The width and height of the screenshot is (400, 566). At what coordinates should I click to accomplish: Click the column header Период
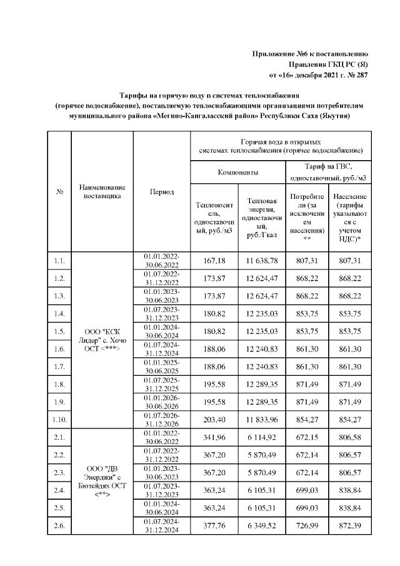tap(161, 192)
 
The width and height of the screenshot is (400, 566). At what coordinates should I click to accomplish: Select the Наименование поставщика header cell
tap(102, 192)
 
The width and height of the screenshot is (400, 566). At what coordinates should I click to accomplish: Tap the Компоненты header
tap(237, 171)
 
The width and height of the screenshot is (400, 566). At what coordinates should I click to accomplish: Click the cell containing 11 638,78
tap(262, 260)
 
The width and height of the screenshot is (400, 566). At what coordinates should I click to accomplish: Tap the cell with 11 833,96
tap(262, 418)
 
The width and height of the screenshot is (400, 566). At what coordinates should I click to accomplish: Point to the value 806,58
tap(350, 437)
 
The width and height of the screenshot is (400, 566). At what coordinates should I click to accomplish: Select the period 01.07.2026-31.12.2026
tap(161, 418)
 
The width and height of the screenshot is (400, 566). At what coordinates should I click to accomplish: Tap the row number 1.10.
tap(60, 418)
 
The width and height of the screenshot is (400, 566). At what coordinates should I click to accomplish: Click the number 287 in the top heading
tap(362, 76)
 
